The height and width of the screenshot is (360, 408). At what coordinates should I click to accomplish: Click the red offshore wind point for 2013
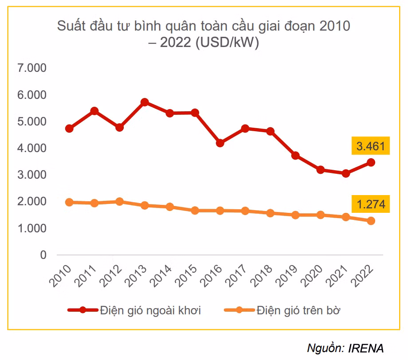[145, 102]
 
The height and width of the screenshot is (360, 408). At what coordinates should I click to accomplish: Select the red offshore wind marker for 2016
[220, 143]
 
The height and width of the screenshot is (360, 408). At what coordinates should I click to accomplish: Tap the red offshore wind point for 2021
[345, 173]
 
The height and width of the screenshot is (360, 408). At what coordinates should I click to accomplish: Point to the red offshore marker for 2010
[69, 129]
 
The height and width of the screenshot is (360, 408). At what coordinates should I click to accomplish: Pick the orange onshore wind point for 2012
[119, 202]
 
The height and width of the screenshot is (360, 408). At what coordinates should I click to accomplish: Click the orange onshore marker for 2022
[371, 221]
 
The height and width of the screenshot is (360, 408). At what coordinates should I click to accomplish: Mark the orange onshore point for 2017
[245, 211]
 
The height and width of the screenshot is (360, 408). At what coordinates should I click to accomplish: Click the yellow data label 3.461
[371, 146]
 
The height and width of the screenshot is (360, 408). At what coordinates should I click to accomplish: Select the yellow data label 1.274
[371, 205]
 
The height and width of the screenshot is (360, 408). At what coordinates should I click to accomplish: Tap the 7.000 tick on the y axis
[31, 68]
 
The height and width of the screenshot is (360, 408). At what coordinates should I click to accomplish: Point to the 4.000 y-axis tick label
[31, 148]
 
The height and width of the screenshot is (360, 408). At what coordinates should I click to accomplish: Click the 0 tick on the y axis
[43, 255]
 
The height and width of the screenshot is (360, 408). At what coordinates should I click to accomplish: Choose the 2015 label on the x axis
[188, 277]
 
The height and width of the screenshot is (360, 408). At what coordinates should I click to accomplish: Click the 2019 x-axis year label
[289, 277]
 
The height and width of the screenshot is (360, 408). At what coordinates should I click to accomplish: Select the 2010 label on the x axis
[63, 277]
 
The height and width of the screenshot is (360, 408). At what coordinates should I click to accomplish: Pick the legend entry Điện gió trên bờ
[298, 310]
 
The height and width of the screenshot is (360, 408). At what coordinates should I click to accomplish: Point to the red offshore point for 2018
[270, 131]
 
